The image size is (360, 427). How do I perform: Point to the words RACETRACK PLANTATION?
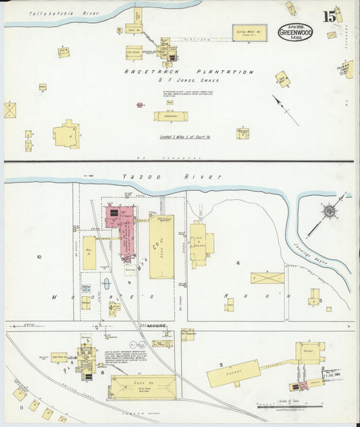pyautogui.click(x=188, y=72)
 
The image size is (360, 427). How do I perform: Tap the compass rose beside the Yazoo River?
pyautogui.click(x=329, y=211)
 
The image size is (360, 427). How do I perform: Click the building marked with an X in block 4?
pyautogui.click(x=267, y=278)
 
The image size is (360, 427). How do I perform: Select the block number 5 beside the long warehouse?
pyautogui.click(x=221, y=365)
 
